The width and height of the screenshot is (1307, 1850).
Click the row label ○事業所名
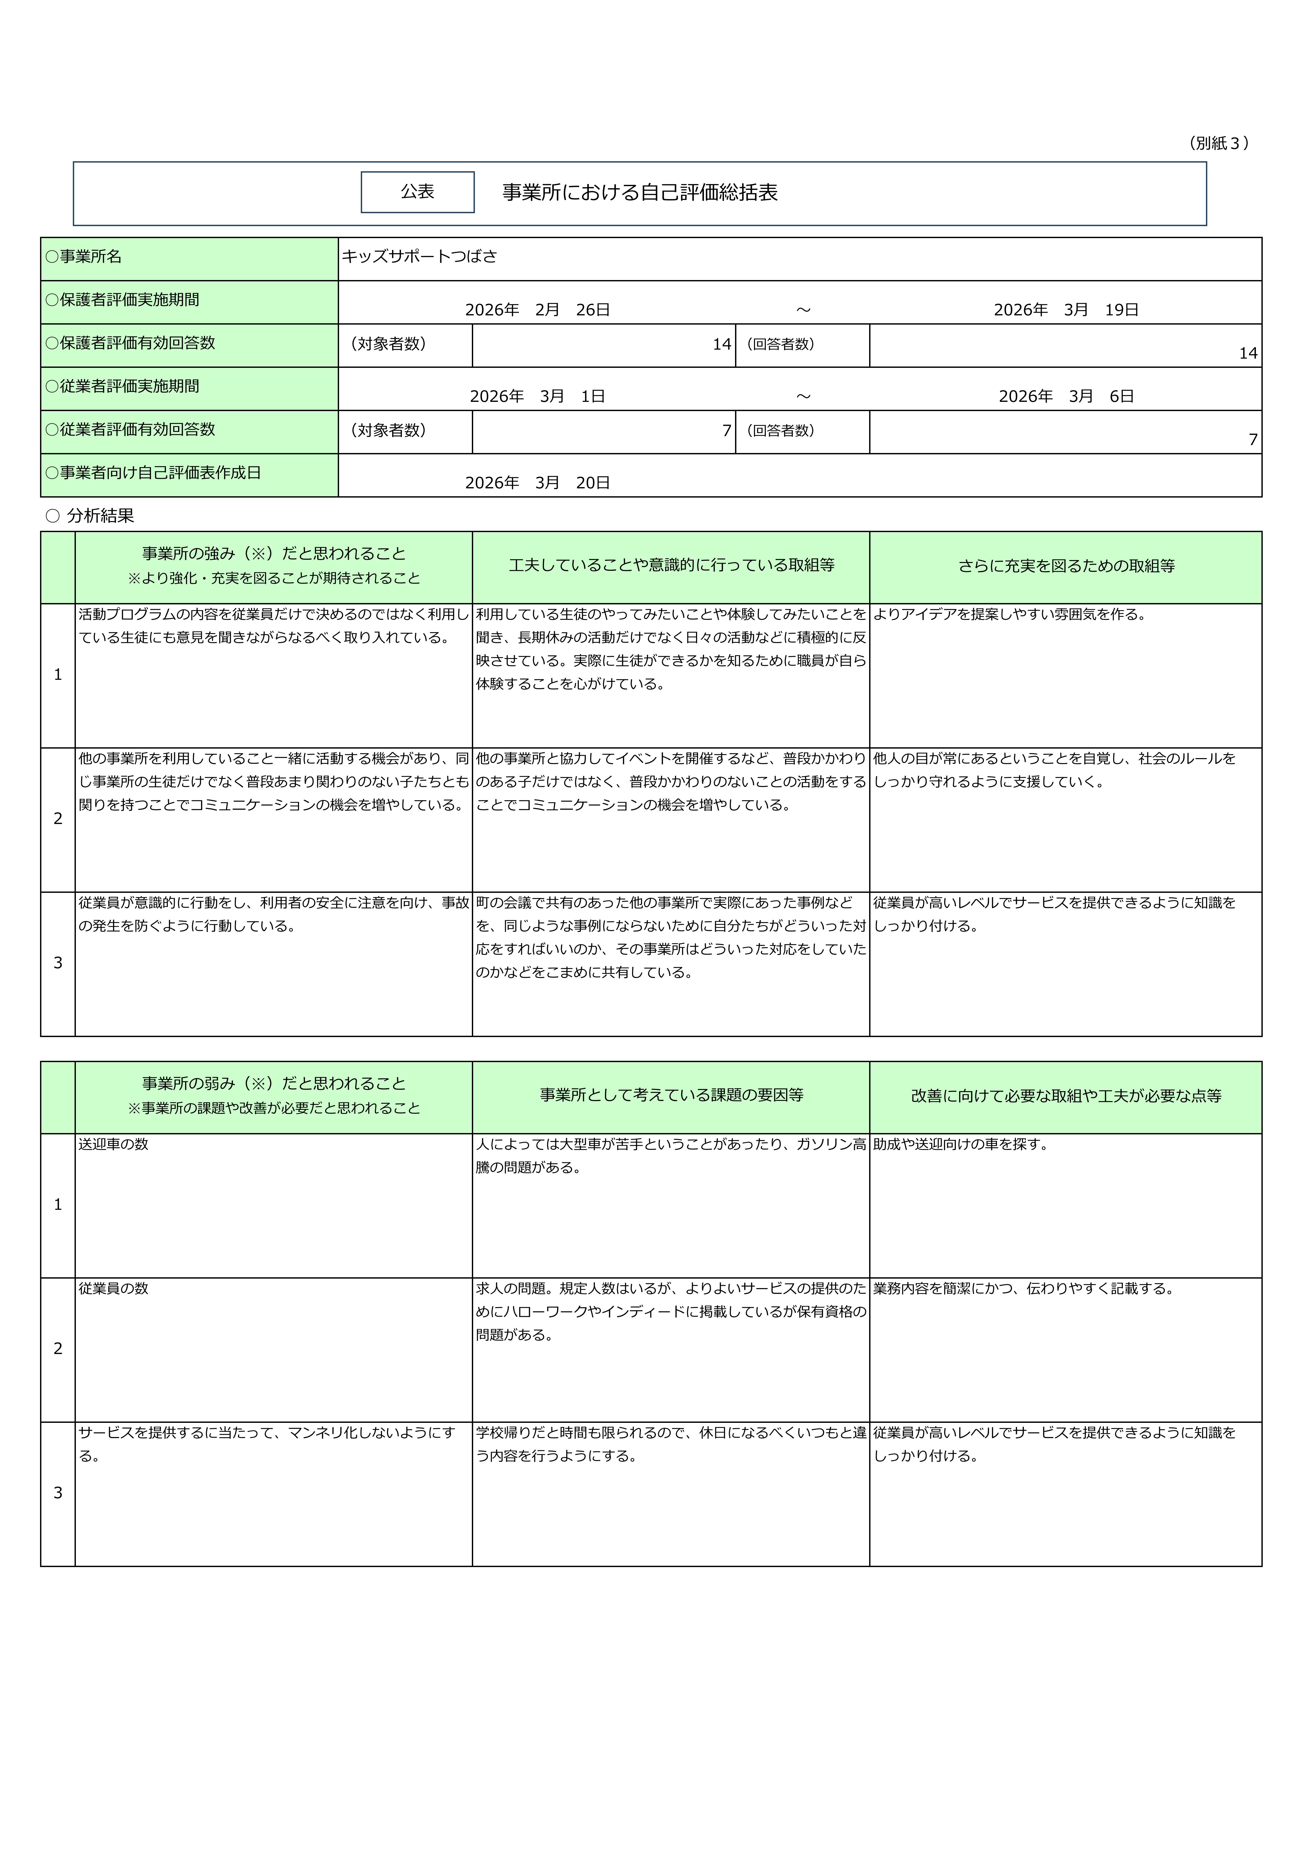coord(84,256)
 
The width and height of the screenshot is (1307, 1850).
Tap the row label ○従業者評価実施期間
coord(123,386)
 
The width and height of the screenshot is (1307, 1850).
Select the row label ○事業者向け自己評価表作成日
coord(153,473)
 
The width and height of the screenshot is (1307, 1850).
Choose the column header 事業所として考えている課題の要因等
coord(671,1095)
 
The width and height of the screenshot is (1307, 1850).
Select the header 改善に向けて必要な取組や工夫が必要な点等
coord(1065,1096)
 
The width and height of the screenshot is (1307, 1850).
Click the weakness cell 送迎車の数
coord(114,1144)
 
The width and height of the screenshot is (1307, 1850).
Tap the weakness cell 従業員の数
coord(114,1288)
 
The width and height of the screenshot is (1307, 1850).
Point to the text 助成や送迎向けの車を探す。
coord(962,1144)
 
